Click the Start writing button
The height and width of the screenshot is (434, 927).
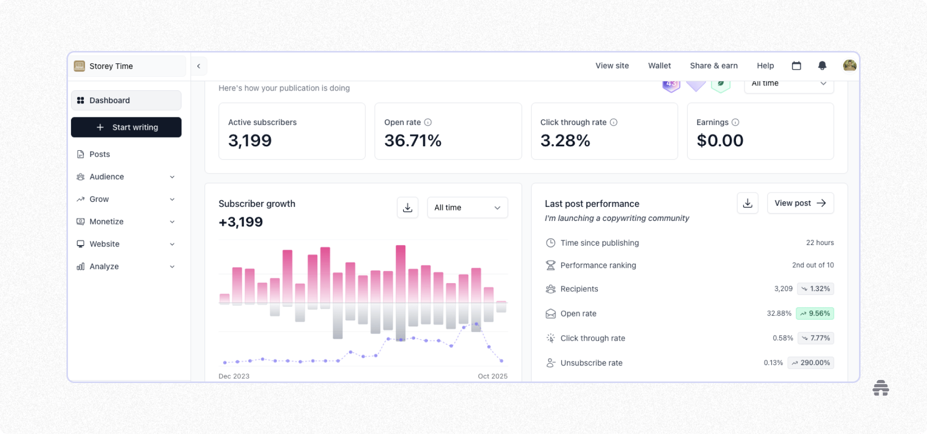(x=126, y=127)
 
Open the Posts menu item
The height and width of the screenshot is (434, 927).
(x=99, y=154)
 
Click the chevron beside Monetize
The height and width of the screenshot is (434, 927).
(x=173, y=222)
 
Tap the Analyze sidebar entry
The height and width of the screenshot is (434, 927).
(x=104, y=267)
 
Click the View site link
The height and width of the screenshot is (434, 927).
(x=612, y=66)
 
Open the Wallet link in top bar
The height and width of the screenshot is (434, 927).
(x=659, y=66)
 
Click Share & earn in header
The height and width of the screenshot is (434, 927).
(x=714, y=66)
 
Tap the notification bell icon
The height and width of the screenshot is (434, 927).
(x=822, y=66)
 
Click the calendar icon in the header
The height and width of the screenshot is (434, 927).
(x=796, y=66)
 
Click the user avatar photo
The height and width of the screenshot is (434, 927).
(x=849, y=66)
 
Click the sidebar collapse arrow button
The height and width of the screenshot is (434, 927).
(x=199, y=66)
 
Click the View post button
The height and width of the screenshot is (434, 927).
(x=800, y=203)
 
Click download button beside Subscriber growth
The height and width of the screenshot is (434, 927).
(x=407, y=207)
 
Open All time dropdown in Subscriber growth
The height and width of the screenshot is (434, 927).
(x=467, y=207)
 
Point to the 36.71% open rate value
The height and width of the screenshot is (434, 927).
(x=413, y=141)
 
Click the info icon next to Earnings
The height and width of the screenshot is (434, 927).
(x=735, y=123)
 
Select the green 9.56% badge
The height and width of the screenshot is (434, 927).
(x=814, y=314)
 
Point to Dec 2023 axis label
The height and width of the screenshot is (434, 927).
(x=234, y=376)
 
